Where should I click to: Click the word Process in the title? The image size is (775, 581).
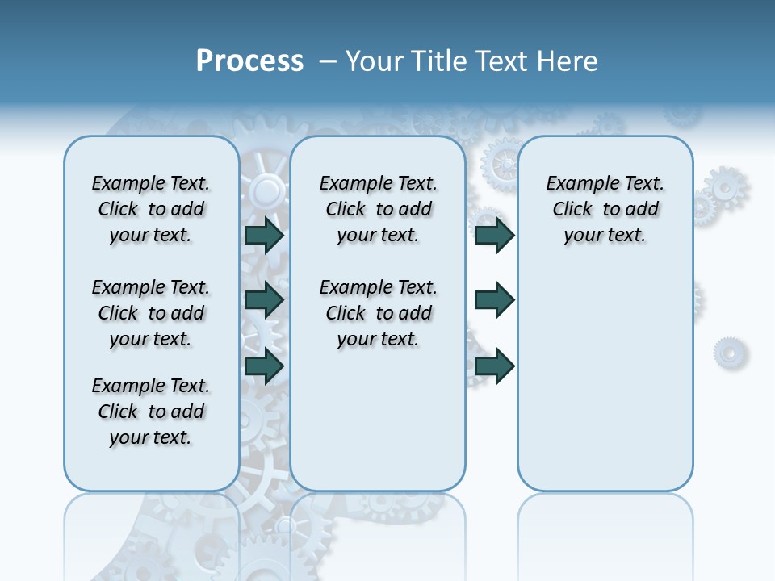coord(249,61)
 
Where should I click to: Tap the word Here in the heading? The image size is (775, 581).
coord(568,61)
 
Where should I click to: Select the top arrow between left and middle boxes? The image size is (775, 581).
coord(264,235)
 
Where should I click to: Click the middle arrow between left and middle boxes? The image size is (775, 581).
coord(264,300)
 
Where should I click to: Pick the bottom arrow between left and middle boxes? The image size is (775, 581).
coord(264,366)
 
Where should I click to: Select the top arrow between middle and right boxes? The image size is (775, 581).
coord(495,235)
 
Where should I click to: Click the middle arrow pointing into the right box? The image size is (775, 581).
coord(495,300)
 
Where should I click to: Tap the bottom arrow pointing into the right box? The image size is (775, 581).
coord(495,366)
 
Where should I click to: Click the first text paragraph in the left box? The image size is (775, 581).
coord(151,209)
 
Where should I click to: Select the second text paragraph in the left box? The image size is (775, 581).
coord(151,313)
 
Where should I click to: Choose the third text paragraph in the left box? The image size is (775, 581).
coord(151,412)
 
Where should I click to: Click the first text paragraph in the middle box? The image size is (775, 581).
coord(378,209)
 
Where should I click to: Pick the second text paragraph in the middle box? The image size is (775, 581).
coord(378,313)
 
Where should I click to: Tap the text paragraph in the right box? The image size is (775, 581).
coord(605,209)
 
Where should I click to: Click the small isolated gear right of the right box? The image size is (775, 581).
coord(730,353)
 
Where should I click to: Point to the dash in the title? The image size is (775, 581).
coord(328,62)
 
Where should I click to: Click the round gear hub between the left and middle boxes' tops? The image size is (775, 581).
coord(266,191)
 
